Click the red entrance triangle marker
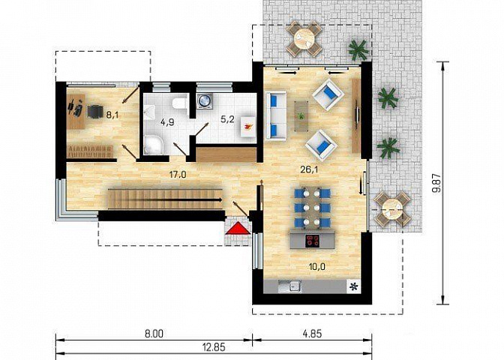click(238, 228)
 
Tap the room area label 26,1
click(309, 169)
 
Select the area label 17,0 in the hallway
click(178, 175)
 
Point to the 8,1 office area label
click(112, 115)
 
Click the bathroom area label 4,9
click(167, 122)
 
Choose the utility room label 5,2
click(227, 119)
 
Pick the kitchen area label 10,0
click(316, 266)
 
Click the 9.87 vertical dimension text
click(436, 183)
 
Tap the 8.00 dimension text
click(154, 334)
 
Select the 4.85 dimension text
click(312, 333)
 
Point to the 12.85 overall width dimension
click(214, 346)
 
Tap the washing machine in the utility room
click(204, 100)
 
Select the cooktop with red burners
click(313, 241)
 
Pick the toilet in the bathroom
click(179, 103)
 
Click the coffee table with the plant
click(301, 116)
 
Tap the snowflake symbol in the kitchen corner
click(354, 286)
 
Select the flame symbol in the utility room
click(247, 127)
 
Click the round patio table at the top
click(304, 38)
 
